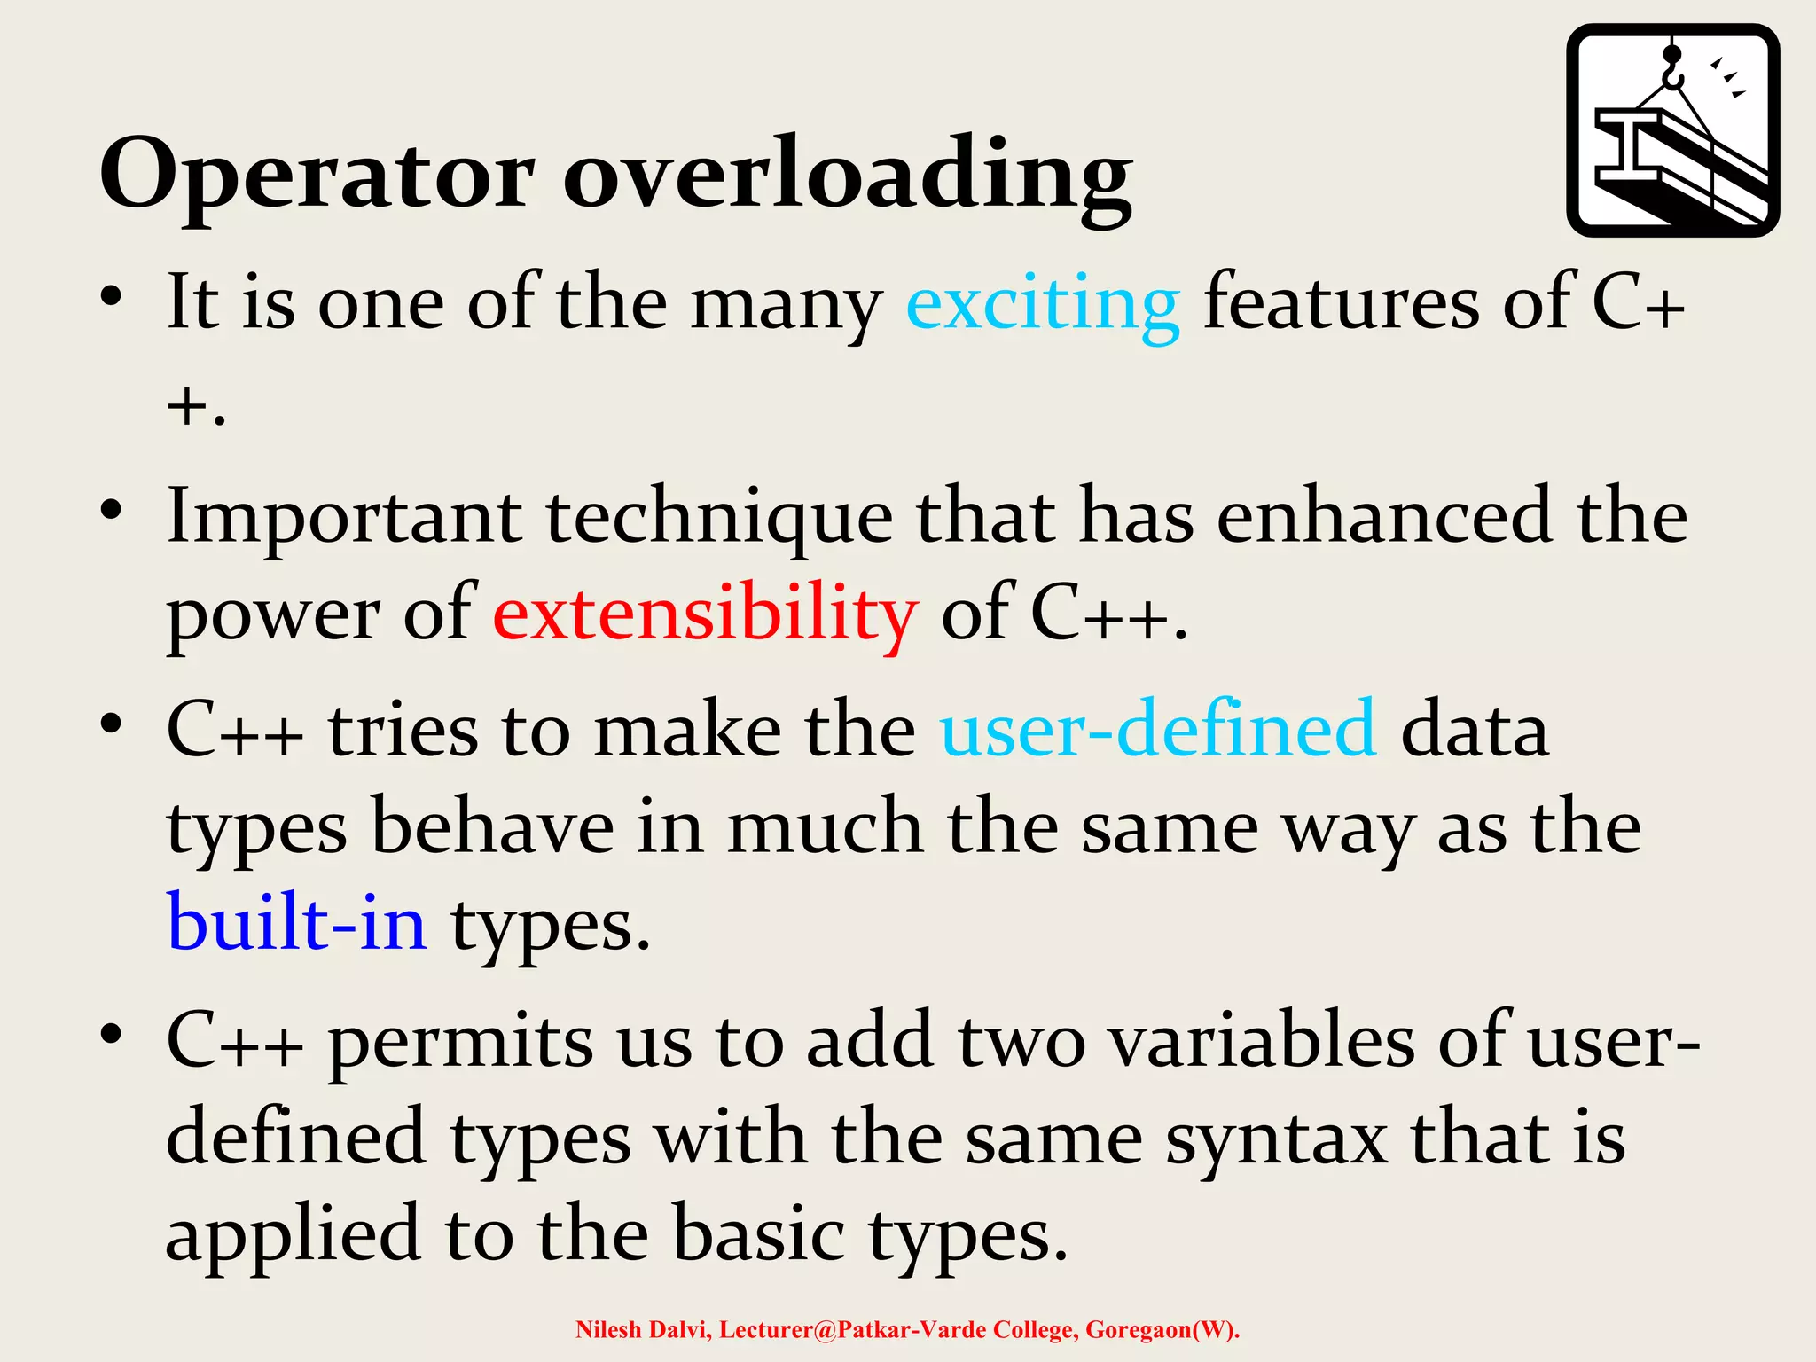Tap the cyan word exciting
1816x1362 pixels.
click(1042, 304)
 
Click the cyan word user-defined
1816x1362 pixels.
click(1158, 729)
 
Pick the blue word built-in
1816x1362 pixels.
click(297, 922)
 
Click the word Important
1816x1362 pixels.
click(344, 517)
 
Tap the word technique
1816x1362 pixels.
click(718, 517)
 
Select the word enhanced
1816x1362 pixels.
click(1384, 517)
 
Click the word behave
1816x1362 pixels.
click(492, 826)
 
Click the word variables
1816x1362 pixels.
click(1263, 1041)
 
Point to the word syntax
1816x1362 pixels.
click(1276, 1139)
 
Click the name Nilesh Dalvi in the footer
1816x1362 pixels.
click(643, 1330)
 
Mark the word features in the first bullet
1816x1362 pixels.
click(1341, 304)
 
